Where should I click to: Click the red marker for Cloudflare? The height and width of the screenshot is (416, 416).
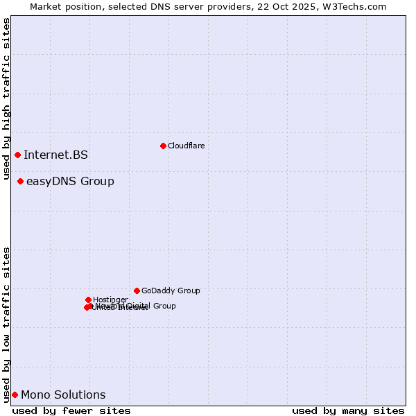(163, 146)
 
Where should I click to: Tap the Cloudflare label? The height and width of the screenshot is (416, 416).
(186, 146)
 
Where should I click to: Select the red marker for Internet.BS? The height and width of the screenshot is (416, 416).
(17, 155)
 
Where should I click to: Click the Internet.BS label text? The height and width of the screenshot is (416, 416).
(55, 155)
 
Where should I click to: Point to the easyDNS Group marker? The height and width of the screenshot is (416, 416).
(20, 182)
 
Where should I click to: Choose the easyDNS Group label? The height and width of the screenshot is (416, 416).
(70, 182)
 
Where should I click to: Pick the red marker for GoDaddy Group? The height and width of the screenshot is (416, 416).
(137, 291)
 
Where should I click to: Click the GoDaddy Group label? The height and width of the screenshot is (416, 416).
(171, 291)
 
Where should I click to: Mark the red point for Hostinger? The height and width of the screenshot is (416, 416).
(88, 300)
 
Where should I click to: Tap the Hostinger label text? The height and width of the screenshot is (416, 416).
(110, 300)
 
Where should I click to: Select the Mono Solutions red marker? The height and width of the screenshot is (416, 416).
(15, 395)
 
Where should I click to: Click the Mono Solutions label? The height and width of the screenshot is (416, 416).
(63, 395)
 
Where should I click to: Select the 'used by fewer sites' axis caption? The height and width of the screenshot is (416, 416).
(71, 410)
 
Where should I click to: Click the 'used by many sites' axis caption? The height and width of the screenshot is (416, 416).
(348, 410)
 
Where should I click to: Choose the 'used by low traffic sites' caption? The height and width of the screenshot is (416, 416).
(6, 324)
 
